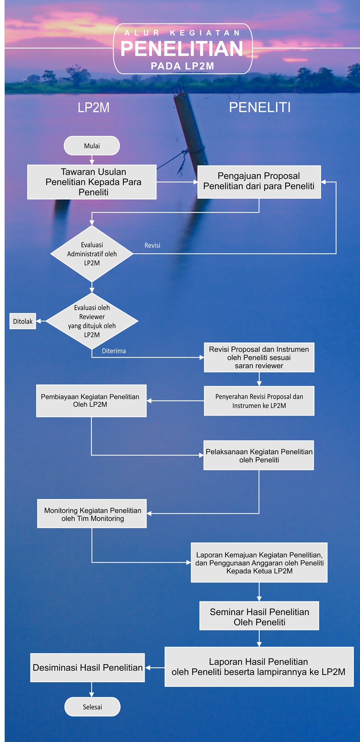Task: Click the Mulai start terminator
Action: coord(92,146)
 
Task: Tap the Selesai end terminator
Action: coord(92,706)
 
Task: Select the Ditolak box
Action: coord(23,321)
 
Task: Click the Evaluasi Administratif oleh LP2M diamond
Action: coord(92,254)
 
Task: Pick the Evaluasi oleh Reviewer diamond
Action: coord(92,321)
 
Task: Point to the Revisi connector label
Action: coord(152,245)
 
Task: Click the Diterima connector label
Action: coord(114,351)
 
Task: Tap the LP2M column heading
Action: coord(94,108)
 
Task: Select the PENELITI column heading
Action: coord(260,108)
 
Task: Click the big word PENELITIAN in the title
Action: coord(182,49)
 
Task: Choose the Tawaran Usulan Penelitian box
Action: coord(92,182)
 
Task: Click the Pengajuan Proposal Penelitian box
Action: coord(259,182)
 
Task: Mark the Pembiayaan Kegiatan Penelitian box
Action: coord(91,401)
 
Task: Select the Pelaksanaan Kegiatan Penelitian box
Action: coord(259,455)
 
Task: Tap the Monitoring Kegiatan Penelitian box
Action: coord(92,514)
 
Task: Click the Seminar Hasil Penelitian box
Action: coord(259,616)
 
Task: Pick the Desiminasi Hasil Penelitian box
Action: coord(87,668)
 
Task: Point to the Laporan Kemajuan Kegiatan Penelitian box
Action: coord(259,563)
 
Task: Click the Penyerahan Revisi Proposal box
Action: coord(259,401)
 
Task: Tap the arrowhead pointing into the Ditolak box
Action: coord(39,321)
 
